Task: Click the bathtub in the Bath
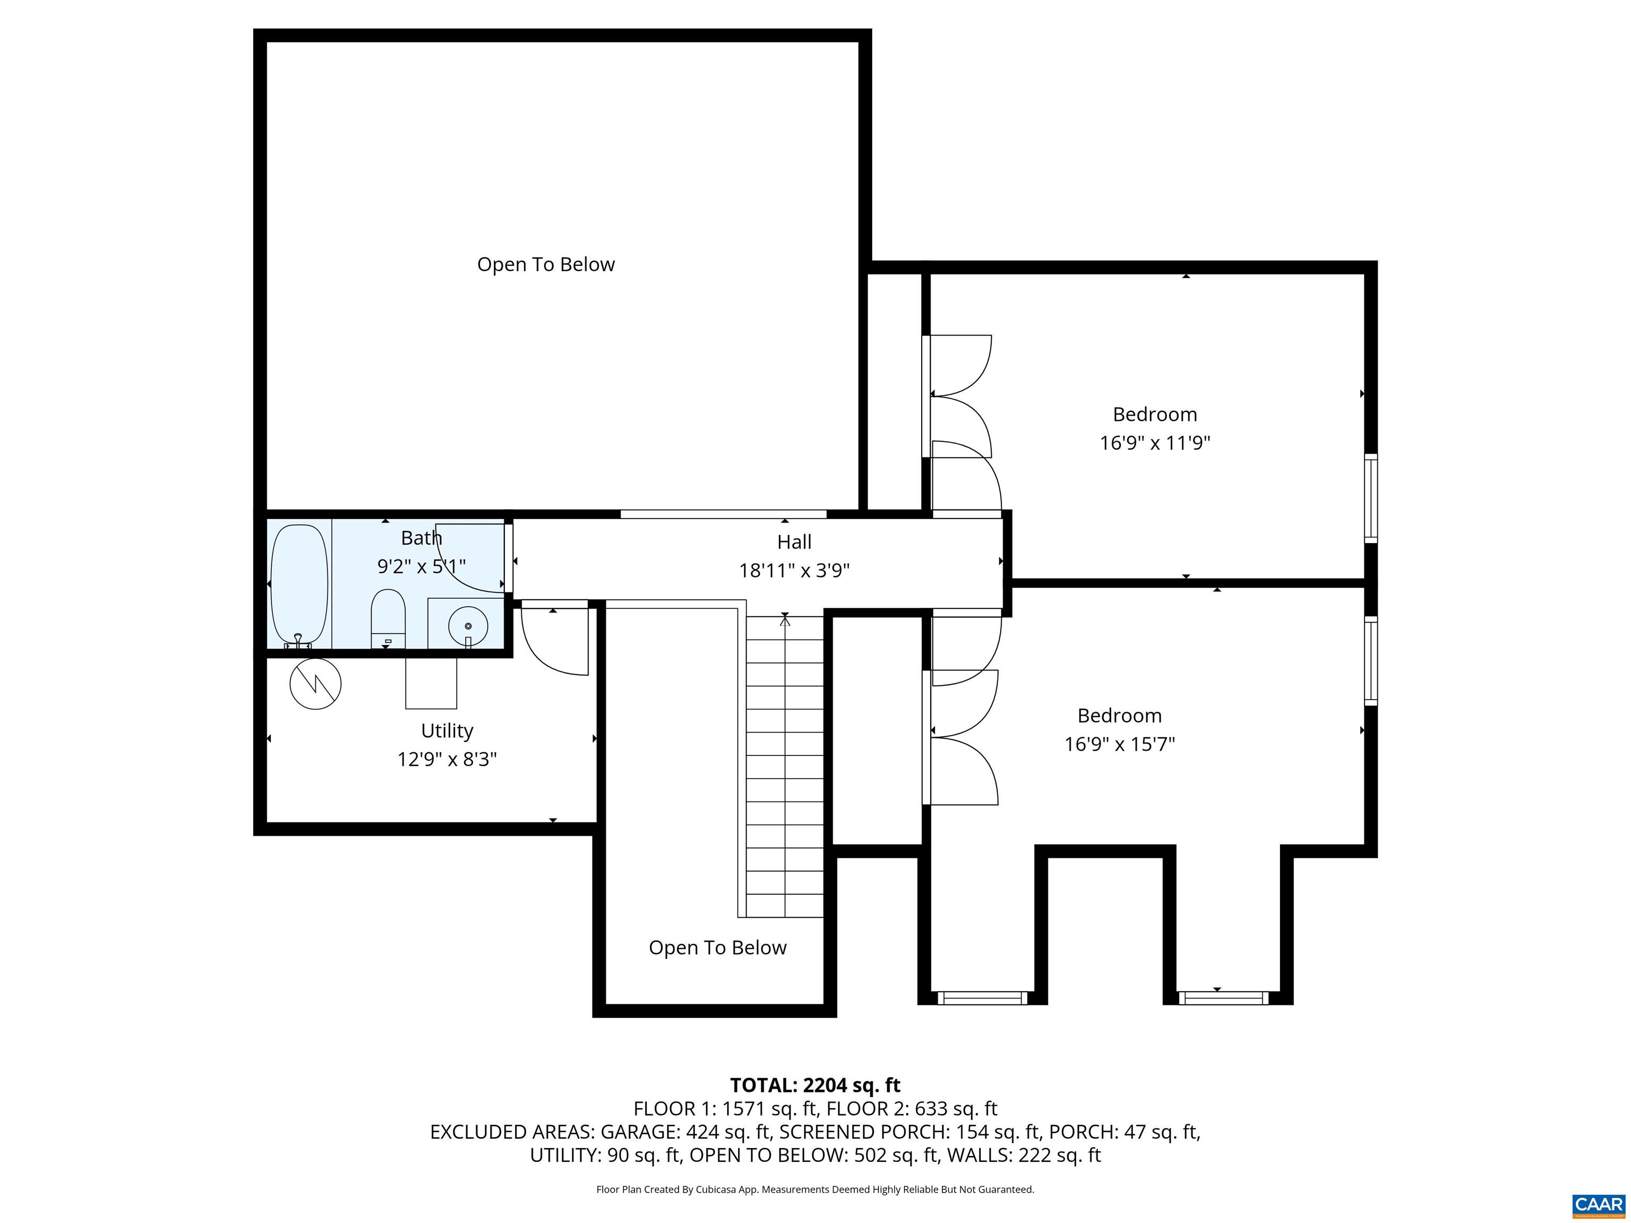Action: pos(299,586)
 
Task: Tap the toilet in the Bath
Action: pos(388,618)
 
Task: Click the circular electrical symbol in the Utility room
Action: pos(315,683)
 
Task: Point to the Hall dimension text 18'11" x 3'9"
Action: pos(794,571)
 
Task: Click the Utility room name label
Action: pos(447,730)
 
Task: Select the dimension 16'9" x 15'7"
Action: pos(1119,744)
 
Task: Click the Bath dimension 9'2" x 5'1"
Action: pos(421,566)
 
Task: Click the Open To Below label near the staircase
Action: pos(717,948)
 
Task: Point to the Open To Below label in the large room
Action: pos(546,264)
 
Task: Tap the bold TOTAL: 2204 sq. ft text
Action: pos(815,1084)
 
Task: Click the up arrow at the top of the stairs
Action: pos(785,621)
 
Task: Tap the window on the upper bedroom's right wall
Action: pos(1371,498)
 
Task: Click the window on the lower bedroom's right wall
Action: pos(1371,660)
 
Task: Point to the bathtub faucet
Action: pos(298,641)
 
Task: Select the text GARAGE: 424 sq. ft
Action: pos(686,1132)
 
